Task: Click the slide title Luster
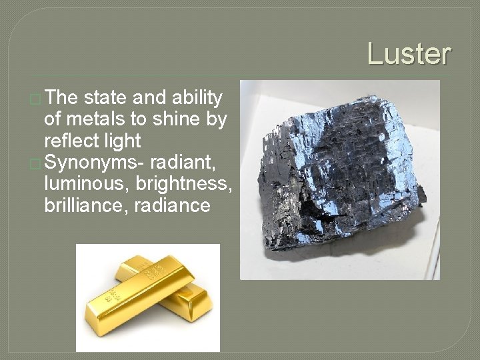click(x=409, y=54)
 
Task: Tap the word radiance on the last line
click(x=172, y=205)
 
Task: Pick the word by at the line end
click(x=217, y=120)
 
